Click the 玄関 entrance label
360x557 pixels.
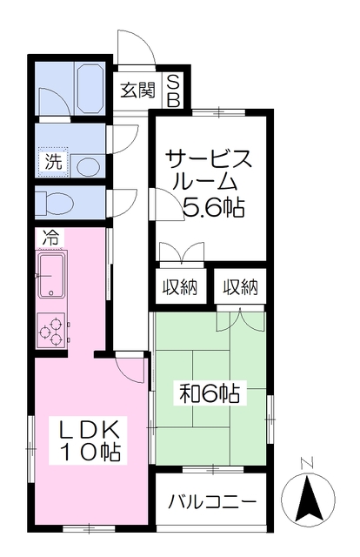(x=138, y=91)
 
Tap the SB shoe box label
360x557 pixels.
(x=174, y=91)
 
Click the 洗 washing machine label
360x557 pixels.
(x=53, y=162)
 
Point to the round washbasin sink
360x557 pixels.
(x=88, y=166)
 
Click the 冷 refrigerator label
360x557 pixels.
(x=50, y=238)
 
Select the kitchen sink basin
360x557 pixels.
(x=51, y=276)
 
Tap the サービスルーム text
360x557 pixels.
(x=207, y=171)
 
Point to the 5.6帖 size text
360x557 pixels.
(x=214, y=207)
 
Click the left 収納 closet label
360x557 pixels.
(x=180, y=287)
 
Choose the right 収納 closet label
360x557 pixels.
(x=240, y=287)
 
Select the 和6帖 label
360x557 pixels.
(x=210, y=393)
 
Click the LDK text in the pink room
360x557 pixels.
(x=87, y=430)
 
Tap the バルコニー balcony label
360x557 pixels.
(x=212, y=502)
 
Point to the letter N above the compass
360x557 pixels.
(x=307, y=464)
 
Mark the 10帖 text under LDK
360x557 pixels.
(x=90, y=451)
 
